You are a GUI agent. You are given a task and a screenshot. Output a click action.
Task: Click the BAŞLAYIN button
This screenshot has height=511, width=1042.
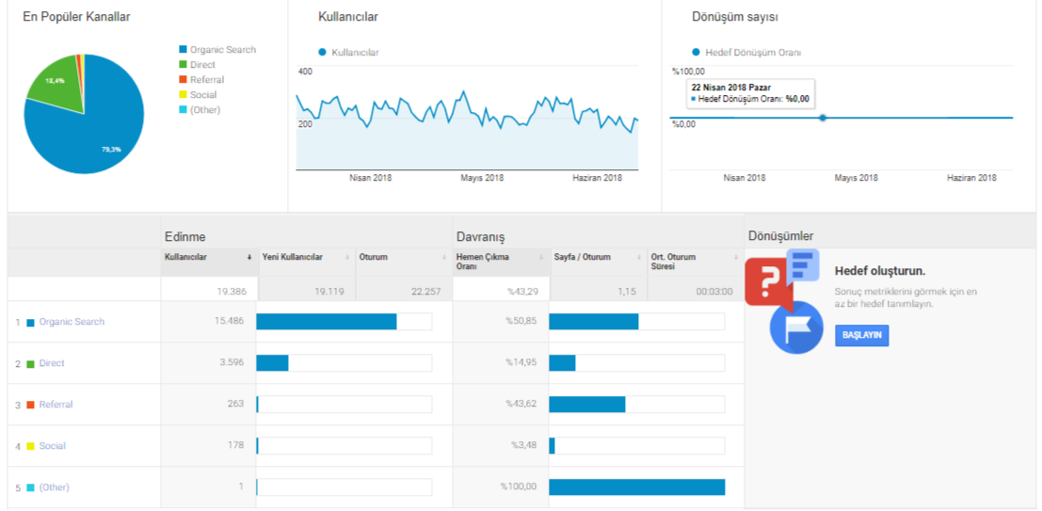tap(861, 336)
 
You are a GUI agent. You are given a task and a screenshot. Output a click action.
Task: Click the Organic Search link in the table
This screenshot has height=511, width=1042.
tap(72, 322)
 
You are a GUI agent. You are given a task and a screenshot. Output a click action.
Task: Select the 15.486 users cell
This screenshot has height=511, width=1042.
tap(228, 321)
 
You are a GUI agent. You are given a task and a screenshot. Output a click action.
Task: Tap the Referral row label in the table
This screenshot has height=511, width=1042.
tap(56, 405)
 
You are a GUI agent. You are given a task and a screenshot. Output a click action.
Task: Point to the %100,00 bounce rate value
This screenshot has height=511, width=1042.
tap(519, 487)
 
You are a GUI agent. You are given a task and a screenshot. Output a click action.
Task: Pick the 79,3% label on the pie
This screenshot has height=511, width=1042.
tap(111, 150)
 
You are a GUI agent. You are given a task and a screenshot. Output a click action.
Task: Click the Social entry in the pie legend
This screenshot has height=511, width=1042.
tap(203, 95)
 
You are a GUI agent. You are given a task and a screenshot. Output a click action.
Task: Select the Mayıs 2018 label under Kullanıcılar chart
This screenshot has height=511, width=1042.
tap(482, 178)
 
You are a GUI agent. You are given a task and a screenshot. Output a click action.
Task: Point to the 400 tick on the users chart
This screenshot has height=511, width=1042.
tap(305, 72)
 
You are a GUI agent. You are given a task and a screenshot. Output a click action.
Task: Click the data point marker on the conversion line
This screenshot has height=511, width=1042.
tap(823, 118)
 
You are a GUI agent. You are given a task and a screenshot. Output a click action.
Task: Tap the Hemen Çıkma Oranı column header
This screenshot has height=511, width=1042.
tap(483, 262)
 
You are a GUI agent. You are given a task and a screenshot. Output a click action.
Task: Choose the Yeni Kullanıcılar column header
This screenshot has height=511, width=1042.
tap(293, 257)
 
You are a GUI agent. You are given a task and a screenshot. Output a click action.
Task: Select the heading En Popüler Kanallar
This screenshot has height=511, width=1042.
tap(76, 17)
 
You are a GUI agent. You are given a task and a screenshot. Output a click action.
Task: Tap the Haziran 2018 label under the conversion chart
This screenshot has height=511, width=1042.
tap(971, 178)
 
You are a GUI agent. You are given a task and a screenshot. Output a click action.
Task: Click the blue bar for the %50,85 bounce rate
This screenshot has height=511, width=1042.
tap(593, 322)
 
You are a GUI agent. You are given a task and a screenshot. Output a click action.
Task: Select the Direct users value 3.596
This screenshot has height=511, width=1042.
tap(231, 363)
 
